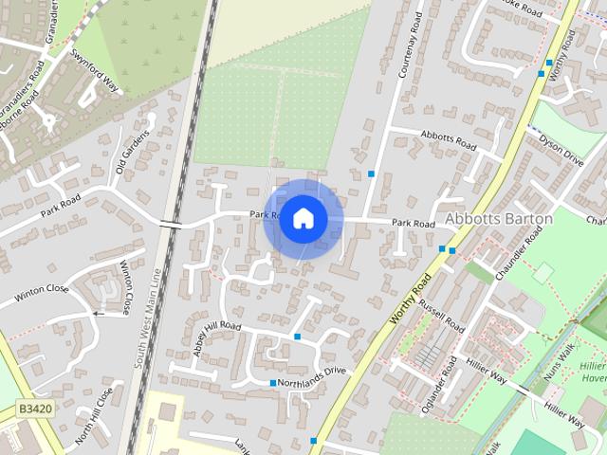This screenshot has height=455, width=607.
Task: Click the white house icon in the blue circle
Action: [x=303, y=218]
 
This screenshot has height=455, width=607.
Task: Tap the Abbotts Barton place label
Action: [x=498, y=219]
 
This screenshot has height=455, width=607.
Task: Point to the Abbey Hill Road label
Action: [x=217, y=333]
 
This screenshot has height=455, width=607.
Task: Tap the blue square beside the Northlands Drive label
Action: [x=273, y=383]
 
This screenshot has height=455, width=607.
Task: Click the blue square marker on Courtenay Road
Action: [x=371, y=173]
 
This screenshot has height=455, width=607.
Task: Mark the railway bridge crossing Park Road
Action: [x=171, y=224]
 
